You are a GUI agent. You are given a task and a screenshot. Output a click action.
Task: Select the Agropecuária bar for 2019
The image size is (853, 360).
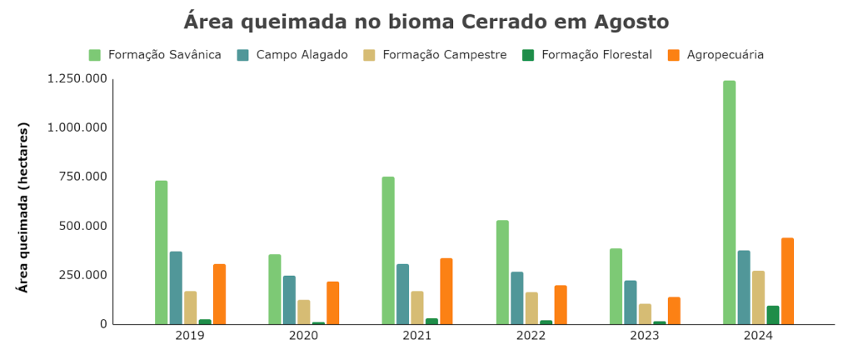coord(219,294)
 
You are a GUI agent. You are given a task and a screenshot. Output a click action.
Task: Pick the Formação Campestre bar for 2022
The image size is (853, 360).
coord(531,308)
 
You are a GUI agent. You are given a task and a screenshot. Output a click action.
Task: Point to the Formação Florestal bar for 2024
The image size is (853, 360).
coord(773,315)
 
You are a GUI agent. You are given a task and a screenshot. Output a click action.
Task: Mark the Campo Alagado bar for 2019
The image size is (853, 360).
coord(176,287)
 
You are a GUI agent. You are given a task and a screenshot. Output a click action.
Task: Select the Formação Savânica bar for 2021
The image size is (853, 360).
coord(388,250)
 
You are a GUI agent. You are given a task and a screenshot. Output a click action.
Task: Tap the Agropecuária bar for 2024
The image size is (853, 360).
coord(787,281)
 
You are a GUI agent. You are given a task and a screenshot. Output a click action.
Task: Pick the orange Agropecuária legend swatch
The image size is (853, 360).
coord(674,55)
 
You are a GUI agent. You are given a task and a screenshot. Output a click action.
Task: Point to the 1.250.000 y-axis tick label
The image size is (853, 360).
coord(77,79)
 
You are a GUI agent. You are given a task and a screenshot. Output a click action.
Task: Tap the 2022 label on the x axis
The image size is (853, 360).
coord(531,336)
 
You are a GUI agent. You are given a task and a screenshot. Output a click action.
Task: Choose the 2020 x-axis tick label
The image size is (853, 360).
coord(303,336)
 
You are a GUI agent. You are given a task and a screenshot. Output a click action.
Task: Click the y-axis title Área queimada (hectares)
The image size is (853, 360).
coord(23,207)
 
